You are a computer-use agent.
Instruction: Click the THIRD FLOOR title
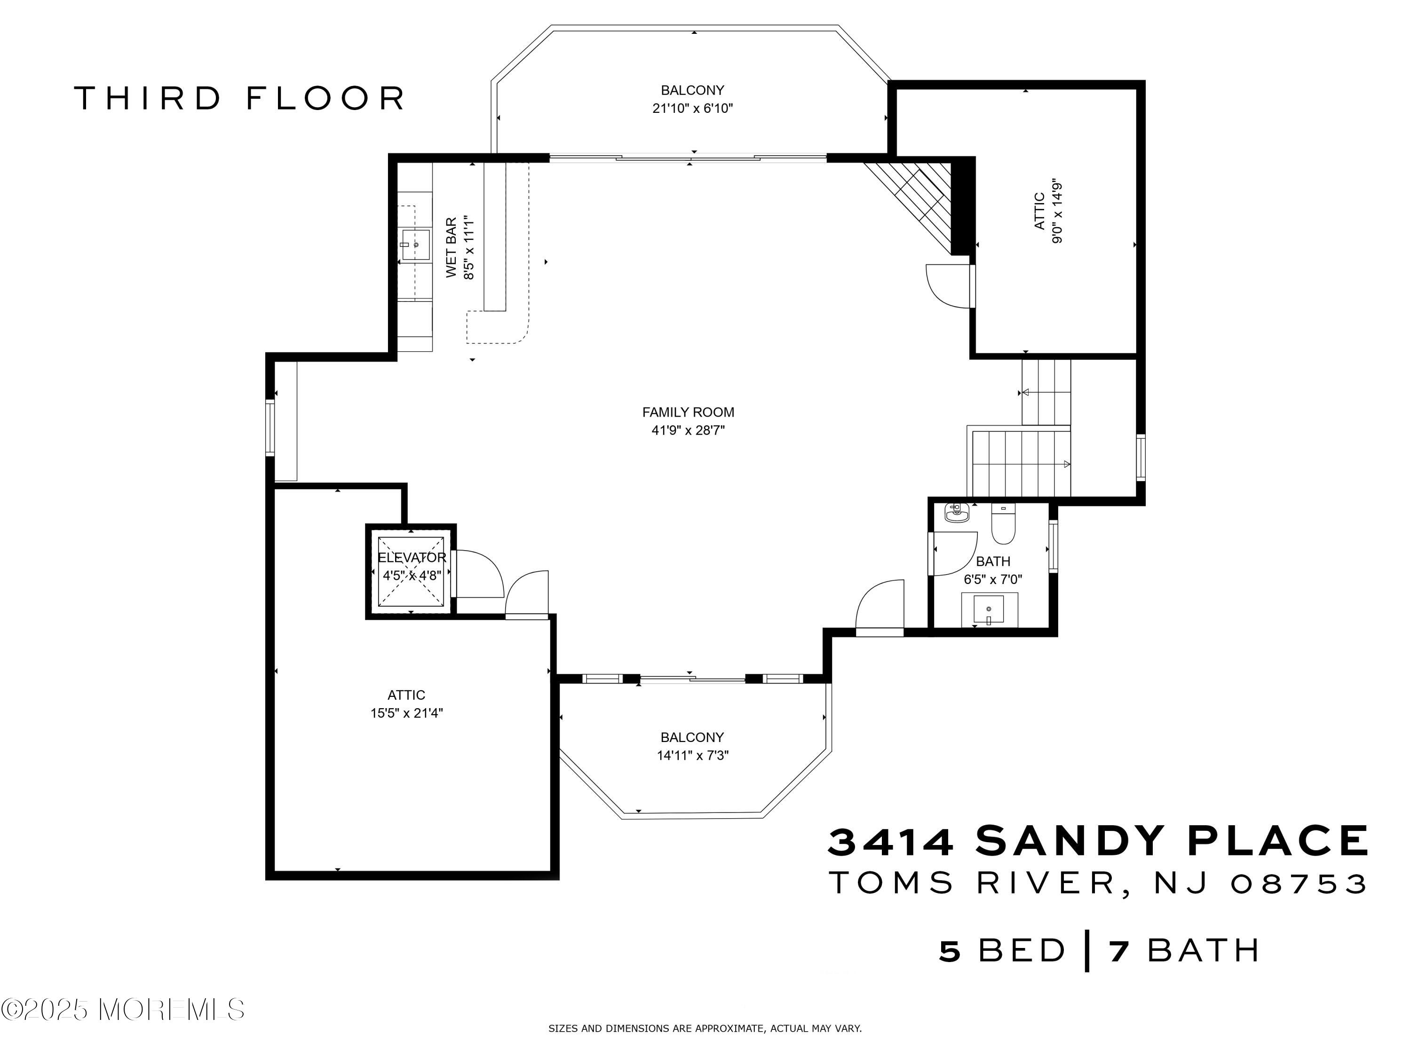coord(239,98)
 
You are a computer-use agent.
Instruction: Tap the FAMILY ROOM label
coord(688,412)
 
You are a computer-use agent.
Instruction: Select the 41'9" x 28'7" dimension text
coord(688,430)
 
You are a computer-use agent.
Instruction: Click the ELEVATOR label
coord(412,557)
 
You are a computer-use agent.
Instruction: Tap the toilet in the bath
coord(1003,524)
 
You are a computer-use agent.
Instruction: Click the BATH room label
coord(993,561)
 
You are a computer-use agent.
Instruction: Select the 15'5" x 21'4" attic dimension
coord(406,713)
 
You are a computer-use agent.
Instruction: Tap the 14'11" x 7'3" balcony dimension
coord(693,756)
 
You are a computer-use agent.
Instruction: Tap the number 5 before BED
coord(950,951)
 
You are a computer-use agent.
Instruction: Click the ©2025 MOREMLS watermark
coord(122,1010)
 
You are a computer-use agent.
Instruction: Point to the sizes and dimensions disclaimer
coord(705,1028)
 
